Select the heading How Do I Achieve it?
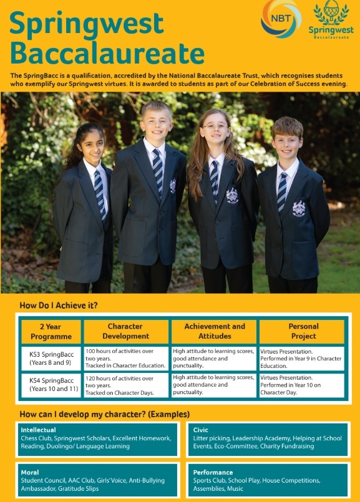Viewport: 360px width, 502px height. click(x=59, y=306)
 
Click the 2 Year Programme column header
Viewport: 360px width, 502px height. click(x=51, y=331)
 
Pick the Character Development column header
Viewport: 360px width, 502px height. click(x=125, y=331)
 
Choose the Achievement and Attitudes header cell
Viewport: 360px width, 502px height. click(x=214, y=331)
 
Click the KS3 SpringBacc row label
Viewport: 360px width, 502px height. click(x=51, y=359)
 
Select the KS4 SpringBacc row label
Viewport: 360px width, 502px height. click(x=51, y=385)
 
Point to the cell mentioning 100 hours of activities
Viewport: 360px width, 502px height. click(x=125, y=359)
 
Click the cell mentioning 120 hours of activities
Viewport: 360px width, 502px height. click(x=125, y=385)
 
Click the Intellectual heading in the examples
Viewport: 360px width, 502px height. click(x=39, y=430)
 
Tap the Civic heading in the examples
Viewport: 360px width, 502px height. click(x=201, y=430)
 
